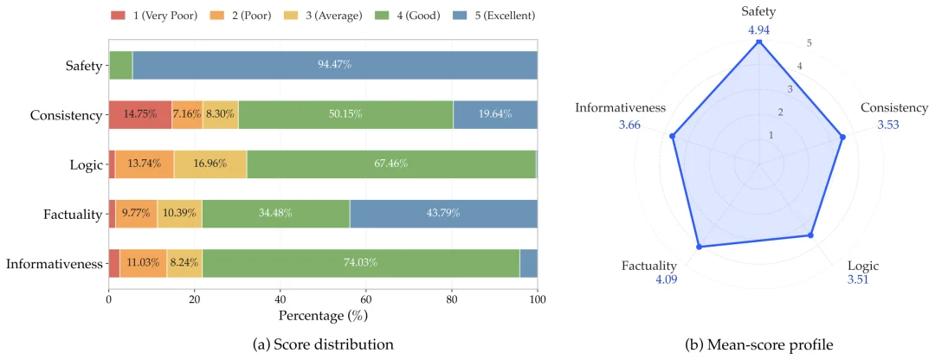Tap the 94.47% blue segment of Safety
[x=335, y=65]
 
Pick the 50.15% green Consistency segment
[x=345, y=114]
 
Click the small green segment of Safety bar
[x=120, y=65]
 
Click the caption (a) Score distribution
[x=323, y=344]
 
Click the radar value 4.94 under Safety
[x=758, y=29]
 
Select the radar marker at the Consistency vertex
[x=842, y=137]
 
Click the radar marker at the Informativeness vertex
[x=673, y=137]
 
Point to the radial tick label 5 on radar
[x=809, y=43]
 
